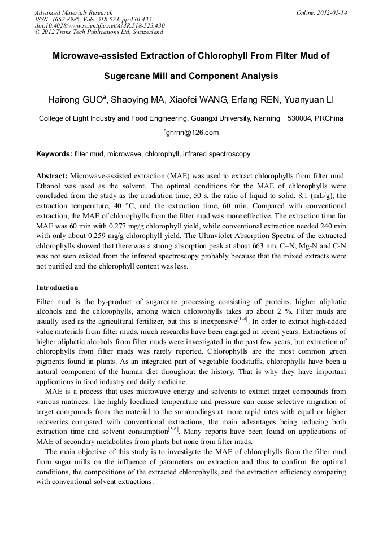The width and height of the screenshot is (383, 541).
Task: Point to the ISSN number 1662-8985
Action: (x=64, y=19)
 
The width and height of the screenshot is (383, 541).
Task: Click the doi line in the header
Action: (x=99, y=25)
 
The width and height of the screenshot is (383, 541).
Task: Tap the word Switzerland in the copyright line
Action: (x=148, y=32)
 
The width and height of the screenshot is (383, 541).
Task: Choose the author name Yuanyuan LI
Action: (x=308, y=100)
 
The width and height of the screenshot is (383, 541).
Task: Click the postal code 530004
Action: (x=301, y=118)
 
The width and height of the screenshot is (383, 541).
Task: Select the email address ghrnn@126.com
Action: (x=192, y=133)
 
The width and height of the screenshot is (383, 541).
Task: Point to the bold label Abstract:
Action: (x=52, y=176)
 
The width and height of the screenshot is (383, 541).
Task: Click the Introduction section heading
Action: (x=57, y=288)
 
